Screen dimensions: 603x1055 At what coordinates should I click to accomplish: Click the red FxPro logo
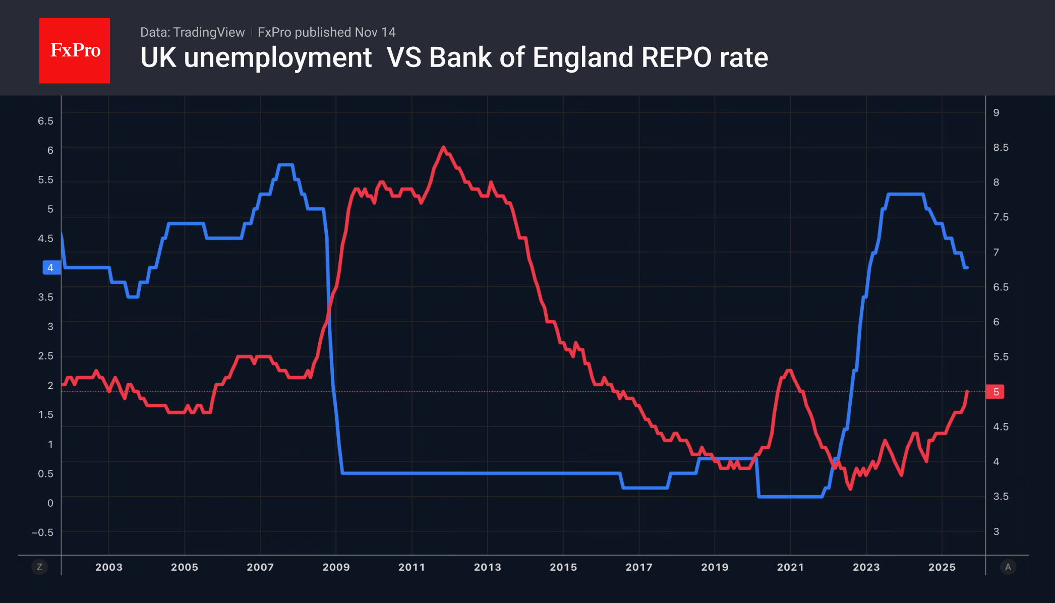pyautogui.click(x=75, y=50)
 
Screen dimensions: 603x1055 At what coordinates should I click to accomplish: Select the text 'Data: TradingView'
pyautogui.click(x=192, y=32)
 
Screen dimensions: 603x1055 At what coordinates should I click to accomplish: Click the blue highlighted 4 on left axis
pyautogui.click(x=51, y=268)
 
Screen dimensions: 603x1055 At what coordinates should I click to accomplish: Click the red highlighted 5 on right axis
pyautogui.click(x=995, y=392)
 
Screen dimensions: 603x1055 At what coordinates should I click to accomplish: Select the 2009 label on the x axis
pyautogui.click(x=336, y=567)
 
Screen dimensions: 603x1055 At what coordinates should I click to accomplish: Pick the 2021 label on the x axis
pyautogui.click(x=790, y=567)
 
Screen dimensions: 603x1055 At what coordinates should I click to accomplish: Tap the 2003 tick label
pyautogui.click(x=109, y=567)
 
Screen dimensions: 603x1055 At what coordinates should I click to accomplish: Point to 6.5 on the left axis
pyautogui.click(x=45, y=121)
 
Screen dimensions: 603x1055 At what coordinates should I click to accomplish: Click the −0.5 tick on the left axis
pyautogui.click(x=42, y=532)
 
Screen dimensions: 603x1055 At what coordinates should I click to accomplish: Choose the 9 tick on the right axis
pyautogui.click(x=996, y=112)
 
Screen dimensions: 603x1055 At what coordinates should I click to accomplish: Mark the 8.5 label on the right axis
pyautogui.click(x=1001, y=147)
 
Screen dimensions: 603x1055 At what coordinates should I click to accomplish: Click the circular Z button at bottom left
pyautogui.click(x=39, y=567)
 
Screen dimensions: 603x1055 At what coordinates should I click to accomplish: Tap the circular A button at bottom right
pyautogui.click(x=1008, y=567)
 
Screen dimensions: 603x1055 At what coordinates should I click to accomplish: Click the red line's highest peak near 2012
pyautogui.click(x=443, y=147)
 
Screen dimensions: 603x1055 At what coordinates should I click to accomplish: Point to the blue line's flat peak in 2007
pyautogui.click(x=285, y=165)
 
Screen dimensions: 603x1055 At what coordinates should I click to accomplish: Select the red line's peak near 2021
pyautogui.click(x=789, y=371)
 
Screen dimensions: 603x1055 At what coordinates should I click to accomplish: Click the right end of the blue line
pyautogui.click(x=966, y=268)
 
